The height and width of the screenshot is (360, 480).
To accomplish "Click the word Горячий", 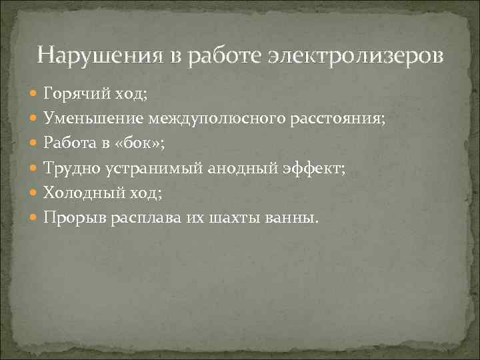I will coord(71,94).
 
